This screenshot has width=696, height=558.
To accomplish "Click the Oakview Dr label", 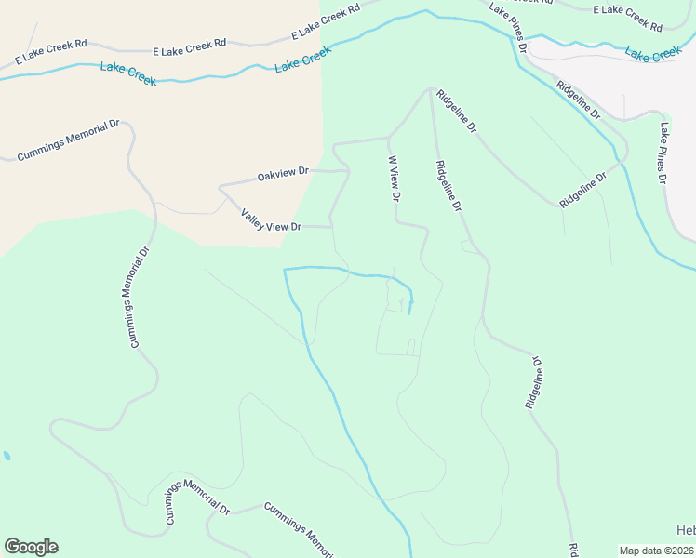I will point(283,174).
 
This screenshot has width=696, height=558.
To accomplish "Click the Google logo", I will point(31,547).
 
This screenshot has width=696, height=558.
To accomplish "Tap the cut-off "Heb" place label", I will point(686,530).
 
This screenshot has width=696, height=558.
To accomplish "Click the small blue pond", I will point(7,457).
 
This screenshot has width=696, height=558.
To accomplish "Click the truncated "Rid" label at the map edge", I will point(573,550).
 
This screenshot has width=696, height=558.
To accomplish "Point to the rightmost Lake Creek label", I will point(653,55).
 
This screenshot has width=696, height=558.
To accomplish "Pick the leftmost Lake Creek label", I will point(128,73).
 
